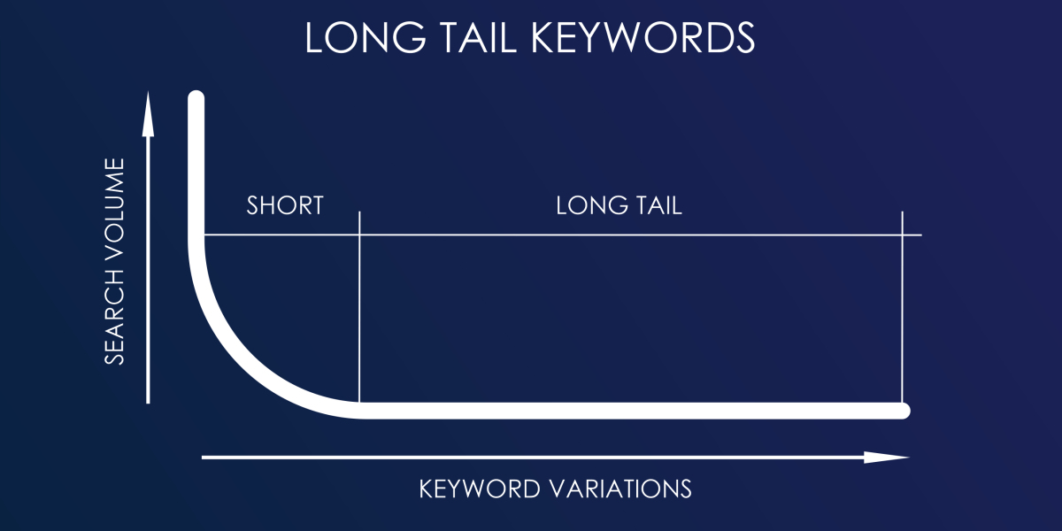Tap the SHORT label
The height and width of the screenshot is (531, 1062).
coord(284,205)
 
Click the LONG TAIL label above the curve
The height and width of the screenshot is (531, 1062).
coord(619,205)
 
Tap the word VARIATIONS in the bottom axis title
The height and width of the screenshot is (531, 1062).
coord(619,488)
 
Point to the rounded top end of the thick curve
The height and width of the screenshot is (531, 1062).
coord(196,100)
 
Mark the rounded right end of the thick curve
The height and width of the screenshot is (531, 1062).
coord(902,411)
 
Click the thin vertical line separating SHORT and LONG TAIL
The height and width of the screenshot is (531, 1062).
coord(360,310)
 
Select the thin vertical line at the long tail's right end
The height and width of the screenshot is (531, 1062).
coord(902,310)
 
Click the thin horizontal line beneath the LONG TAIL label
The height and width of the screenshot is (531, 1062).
coord(619,235)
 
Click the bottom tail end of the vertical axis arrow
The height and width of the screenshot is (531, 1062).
coord(148,401)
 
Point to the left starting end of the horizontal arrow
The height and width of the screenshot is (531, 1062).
coord(204,458)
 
